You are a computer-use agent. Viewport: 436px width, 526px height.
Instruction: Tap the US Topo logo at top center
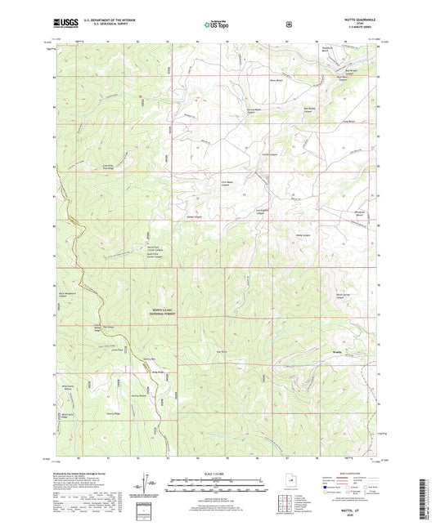pos(217,25)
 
